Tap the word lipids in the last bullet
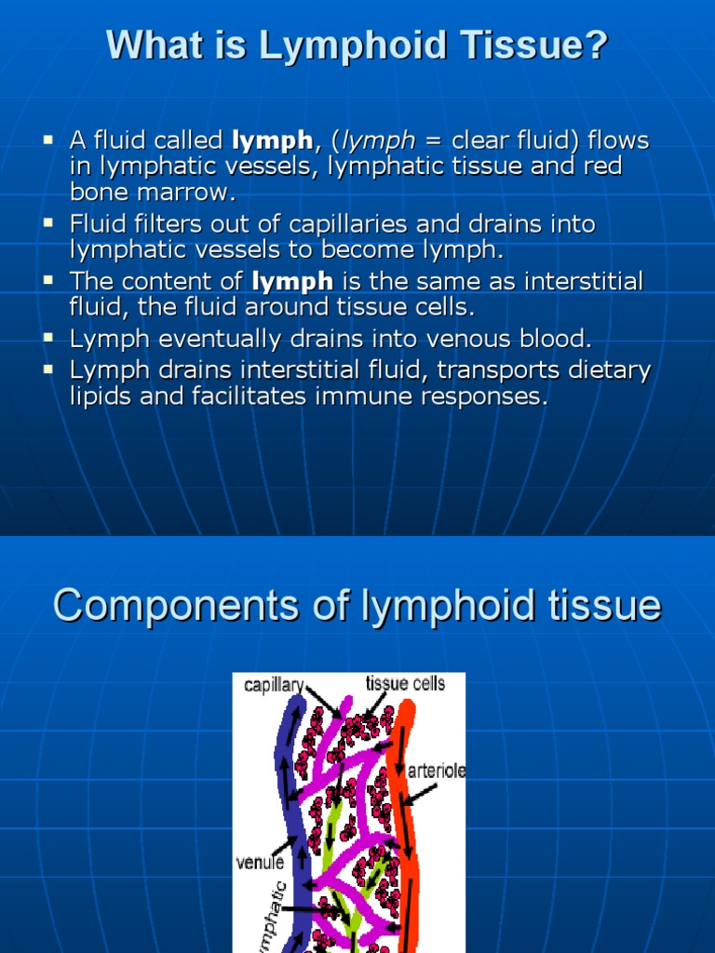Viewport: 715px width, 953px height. (99, 396)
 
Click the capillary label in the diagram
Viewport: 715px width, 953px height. (273, 685)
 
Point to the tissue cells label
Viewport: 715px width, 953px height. (405, 684)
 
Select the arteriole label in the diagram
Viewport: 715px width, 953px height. (437, 772)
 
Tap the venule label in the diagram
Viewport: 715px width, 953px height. (260, 863)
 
